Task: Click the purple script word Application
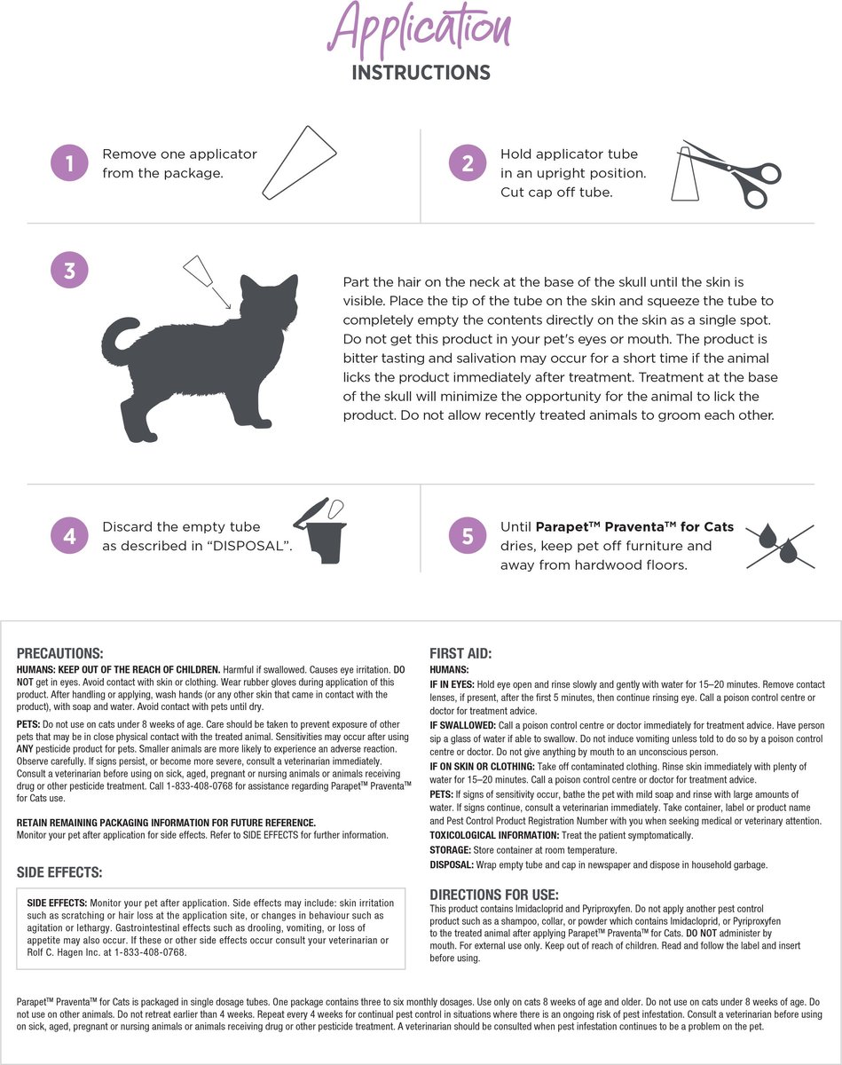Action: coord(419,28)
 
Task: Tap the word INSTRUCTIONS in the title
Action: coord(421,73)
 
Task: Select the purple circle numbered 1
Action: coord(69,162)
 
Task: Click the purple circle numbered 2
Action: coord(468,162)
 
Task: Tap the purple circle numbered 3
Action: coord(69,270)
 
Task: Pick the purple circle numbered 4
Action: coord(69,536)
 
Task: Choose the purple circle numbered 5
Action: coord(468,536)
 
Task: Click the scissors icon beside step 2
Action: coord(732,174)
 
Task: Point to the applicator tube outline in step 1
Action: coord(299,162)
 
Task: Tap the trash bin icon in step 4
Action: coord(320,531)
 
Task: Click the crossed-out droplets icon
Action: coord(780,546)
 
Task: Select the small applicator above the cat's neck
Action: coord(197,270)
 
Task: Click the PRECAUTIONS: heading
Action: coord(59,653)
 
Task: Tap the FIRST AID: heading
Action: coord(460,653)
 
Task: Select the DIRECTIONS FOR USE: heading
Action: coord(493,895)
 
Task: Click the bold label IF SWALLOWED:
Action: coord(462,725)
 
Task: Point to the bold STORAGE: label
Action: coord(450,850)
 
